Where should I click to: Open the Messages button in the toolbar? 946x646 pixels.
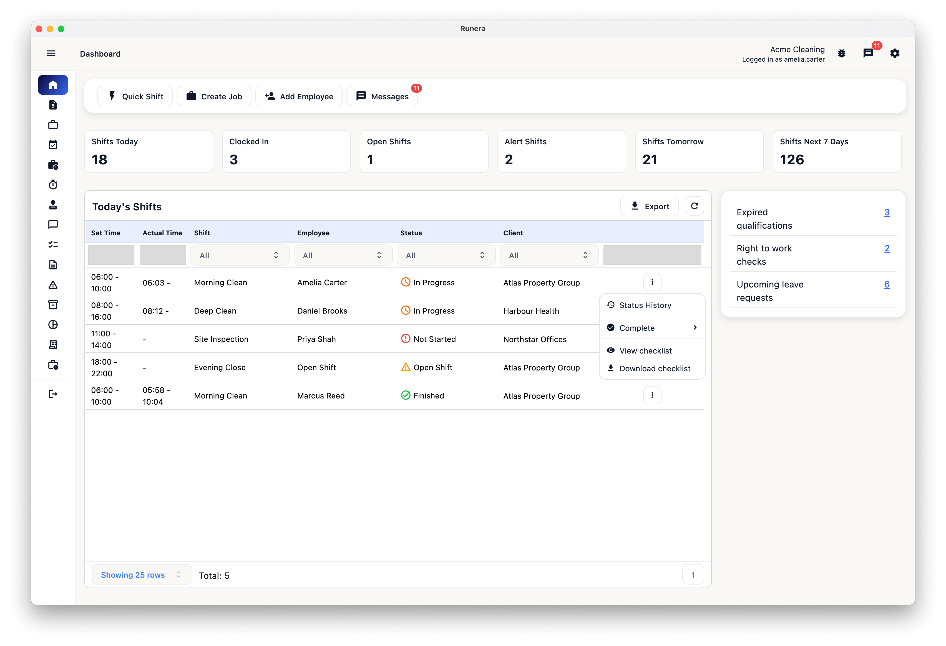click(x=382, y=96)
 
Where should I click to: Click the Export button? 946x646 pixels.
click(x=649, y=206)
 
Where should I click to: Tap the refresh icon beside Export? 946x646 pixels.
click(x=695, y=206)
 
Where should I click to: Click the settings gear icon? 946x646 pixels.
click(x=895, y=53)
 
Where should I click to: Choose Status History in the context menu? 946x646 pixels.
click(x=645, y=305)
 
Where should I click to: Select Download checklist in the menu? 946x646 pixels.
click(x=655, y=368)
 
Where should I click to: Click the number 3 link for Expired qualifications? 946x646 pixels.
click(x=887, y=212)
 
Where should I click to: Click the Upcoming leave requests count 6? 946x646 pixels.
click(x=887, y=284)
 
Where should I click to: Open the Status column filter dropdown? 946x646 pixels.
click(x=446, y=255)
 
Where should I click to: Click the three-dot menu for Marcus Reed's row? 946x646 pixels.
click(x=652, y=395)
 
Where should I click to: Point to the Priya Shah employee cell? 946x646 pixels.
click(x=316, y=339)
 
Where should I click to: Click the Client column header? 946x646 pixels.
click(x=513, y=233)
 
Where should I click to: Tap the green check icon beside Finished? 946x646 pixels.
click(x=406, y=395)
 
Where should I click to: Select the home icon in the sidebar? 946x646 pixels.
click(x=53, y=85)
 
